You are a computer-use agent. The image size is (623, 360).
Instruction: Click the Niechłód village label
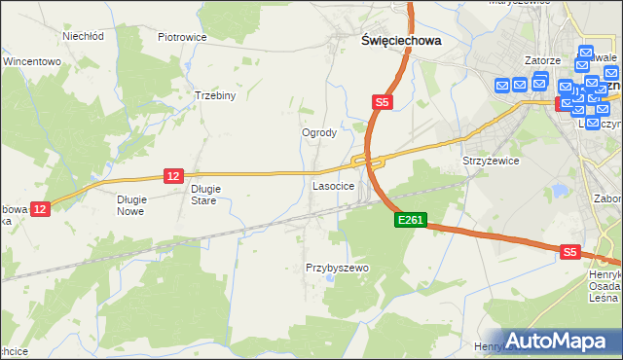[x=83, y=36]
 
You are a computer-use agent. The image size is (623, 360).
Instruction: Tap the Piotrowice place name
[x=182, y=37]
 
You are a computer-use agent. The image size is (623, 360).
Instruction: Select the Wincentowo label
[x=32, y=61]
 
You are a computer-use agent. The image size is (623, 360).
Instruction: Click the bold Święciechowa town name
[x=387, y=41]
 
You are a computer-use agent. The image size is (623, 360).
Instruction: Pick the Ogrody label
[x=319, y=132]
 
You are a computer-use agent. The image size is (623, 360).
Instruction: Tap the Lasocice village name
[x=332, y=185]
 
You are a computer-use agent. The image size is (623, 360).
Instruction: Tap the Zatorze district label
[x=540, y=60]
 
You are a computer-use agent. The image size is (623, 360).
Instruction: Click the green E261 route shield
[x=410, y=221]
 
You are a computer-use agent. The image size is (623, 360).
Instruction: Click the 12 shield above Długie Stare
[x=173, y=175]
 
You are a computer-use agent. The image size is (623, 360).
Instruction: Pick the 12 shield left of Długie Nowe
[x=40, y=208]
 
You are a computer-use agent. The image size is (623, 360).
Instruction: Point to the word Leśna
[x=604, y=298]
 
